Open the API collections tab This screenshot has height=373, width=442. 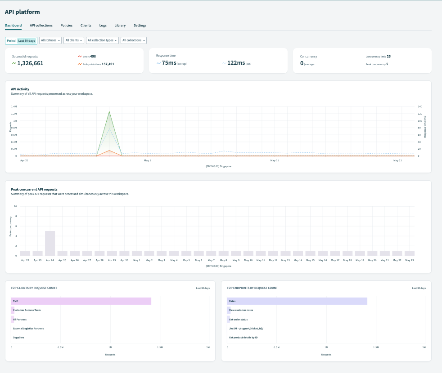(x=41, y=26)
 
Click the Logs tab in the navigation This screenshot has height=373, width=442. (x=103, y=26)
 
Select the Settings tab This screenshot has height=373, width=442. (x=140, y=26)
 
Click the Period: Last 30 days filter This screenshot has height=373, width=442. (x=21, y=40)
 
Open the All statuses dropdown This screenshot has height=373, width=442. (x=50, y=40)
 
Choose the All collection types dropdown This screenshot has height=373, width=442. (x=103, y=40)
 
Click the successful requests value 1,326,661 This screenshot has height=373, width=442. (x=30, y=63)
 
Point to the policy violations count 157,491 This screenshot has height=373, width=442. (x=108, y=64)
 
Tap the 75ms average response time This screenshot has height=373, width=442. (x=170, y=63)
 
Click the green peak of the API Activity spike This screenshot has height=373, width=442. (x=109, y=112)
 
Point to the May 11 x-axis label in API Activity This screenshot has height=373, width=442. (x=274, y=160)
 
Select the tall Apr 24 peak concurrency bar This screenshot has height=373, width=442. (x=50, y=243)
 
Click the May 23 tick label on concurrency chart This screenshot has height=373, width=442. (x=409, y=260)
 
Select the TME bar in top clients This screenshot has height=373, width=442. (x=81, y=301)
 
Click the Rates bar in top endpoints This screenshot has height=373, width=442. (x=297, y=301)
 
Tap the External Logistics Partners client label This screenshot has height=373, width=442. (x=28, y=329)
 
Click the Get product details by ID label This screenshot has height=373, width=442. (x=243, y=337)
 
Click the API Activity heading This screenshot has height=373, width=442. (x=20, y=89)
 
